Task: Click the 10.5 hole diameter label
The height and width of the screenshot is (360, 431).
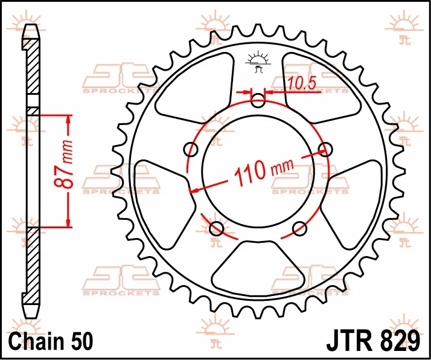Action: coord(302,83)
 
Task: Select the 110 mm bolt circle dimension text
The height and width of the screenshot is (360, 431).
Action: coord(264,171)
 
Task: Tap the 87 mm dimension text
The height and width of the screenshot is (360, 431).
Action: coord(65,164)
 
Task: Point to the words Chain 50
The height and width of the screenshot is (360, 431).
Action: coord(51,341)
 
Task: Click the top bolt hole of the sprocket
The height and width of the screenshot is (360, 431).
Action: coord(258,100)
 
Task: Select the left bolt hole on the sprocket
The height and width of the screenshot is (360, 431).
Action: coord(191,150)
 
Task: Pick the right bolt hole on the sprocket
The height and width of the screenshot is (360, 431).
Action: coord(325,150)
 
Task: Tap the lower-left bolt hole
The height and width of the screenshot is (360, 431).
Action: coord(216,228)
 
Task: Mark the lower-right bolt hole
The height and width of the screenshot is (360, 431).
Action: coord(299,228)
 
